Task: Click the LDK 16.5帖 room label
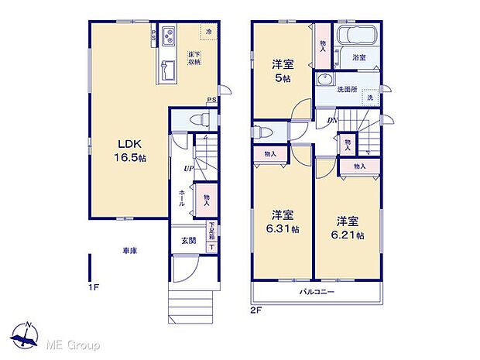click(x=131, y=150)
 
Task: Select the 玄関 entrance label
click(x=189, y=241)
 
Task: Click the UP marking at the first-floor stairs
click(x=188, y=169)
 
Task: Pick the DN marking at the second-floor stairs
click(x=331, y=119)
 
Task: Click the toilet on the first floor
click(x=200, y=120)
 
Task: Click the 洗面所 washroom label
click(x=346, y=90)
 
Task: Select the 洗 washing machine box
click(x=370, y=98)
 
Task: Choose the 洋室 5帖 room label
click(x=281, y=70)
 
